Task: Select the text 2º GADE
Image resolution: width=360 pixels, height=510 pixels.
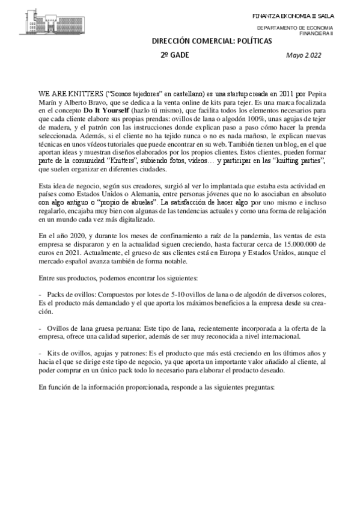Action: (174, 55)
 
